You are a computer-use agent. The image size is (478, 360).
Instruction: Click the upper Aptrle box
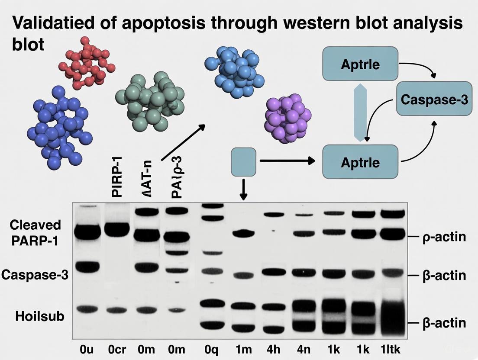pyautogui.click(x=360, y=64)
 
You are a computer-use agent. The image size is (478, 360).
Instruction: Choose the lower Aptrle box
pyautogui.click(x=360, y=162)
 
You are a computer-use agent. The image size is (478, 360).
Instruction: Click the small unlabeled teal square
pyautogui.click(x=244, y=162)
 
